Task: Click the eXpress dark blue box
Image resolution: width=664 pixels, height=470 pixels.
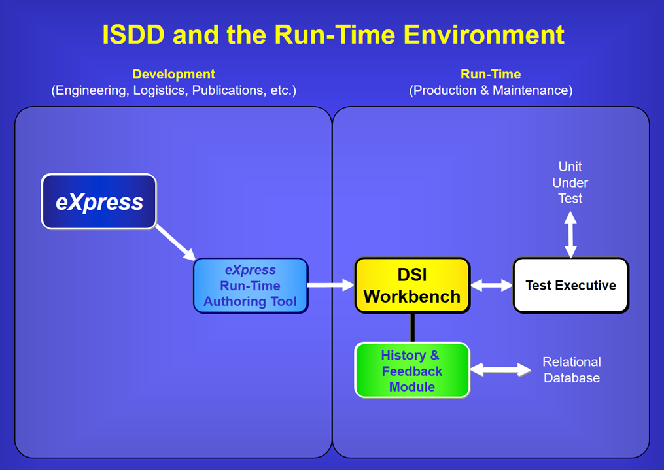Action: click(x=99, y=201)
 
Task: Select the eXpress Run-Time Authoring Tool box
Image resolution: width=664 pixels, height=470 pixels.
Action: click(x=251, y=286)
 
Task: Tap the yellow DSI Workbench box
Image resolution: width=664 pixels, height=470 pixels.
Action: click(x=412, y=286)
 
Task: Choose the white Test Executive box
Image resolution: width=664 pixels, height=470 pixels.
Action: click(x=571, y=286)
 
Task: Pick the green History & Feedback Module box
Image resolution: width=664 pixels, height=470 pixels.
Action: click(x=412, y=371)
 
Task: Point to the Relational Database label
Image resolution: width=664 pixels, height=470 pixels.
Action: click(x=572, y=370)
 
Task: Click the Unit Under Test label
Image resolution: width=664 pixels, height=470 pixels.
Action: click(x=570, y=182)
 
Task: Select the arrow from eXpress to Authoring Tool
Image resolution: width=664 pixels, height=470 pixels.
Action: click(x=175, y=243)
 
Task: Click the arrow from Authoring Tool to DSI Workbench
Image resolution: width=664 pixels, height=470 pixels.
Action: click(x=331, y=285)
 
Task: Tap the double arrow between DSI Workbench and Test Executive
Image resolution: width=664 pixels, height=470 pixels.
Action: click(x=492, y=285)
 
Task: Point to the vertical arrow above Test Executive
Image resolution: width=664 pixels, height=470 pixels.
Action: click(x=570, y=235)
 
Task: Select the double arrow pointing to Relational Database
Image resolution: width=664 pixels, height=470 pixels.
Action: click(x=500, y=370)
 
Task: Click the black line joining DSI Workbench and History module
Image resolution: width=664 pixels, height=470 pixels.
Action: click(x=412, y=328)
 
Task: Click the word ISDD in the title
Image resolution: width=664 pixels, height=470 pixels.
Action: click(x=133, y=34)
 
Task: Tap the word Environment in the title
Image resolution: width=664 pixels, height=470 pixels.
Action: click(x=484, y=34)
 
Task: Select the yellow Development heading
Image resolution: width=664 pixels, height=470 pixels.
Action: click(x=173, y=74)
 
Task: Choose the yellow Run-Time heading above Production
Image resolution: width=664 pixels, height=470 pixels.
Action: click(x=491, y=74)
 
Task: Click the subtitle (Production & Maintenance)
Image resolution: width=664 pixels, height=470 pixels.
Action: click(x=491, y=90)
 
